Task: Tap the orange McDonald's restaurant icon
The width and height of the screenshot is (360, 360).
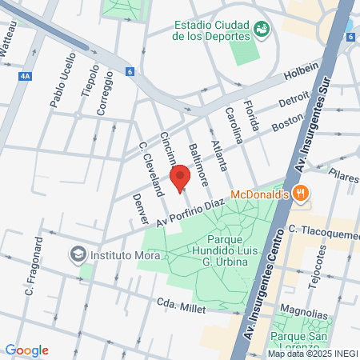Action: click(279, 193)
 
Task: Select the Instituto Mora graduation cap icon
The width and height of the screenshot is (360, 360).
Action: click(78, 255)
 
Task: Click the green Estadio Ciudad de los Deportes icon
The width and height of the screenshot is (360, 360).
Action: click(261, 29)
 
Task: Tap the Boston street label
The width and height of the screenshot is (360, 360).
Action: click(288, 122)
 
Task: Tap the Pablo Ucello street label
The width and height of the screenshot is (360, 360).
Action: click(62, 80)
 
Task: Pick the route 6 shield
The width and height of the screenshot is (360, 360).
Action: click(130, 72)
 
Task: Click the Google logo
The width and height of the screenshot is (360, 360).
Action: click(26, 350)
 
